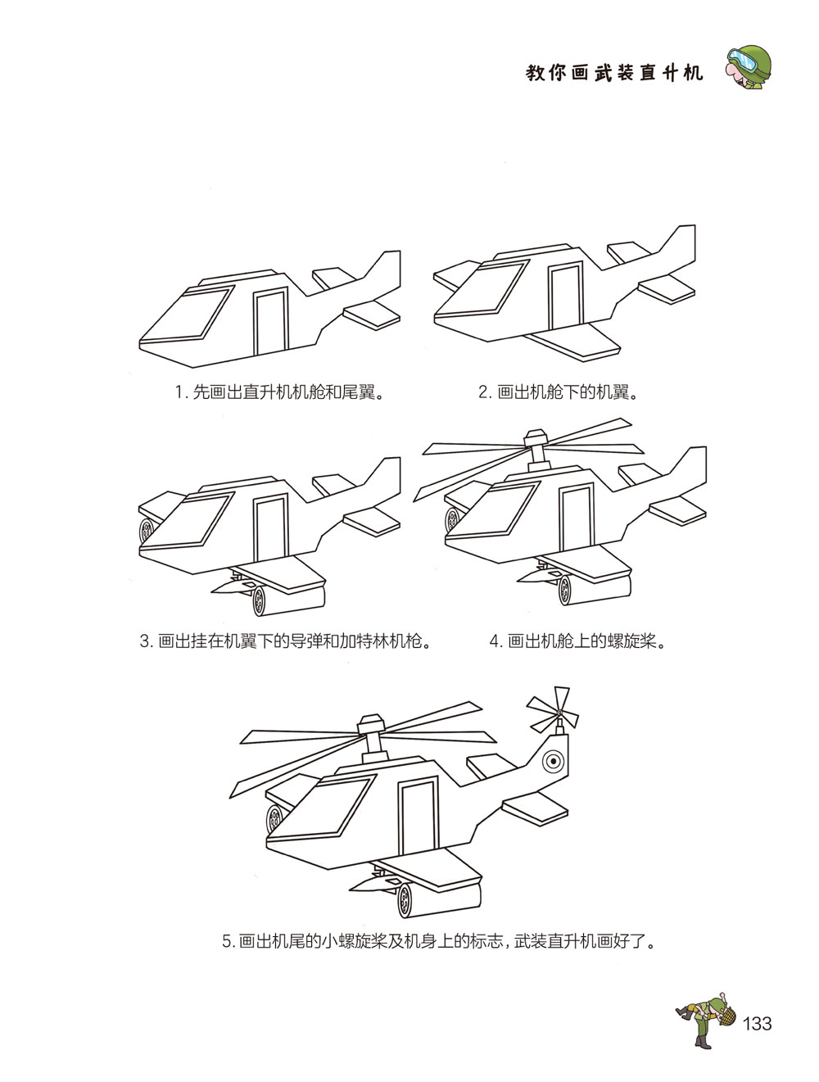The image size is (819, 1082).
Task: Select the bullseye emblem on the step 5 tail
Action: (x=554, y=761)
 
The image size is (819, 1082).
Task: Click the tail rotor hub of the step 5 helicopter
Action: (x=559, y=713)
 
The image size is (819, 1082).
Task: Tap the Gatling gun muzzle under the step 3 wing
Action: (x=259, y=601)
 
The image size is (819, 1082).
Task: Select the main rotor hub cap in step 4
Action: (x=536, y=437)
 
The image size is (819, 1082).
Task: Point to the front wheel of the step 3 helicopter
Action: (x=147, y=531)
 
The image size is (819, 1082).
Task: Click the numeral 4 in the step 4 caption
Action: (x=494, y=641)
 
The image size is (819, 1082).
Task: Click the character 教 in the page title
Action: (x=535, y=73)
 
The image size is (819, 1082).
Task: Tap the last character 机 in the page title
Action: (x=693, y=73)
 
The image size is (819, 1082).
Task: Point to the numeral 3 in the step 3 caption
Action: (x=145, y=641)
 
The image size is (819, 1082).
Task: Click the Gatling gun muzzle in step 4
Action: (x=565, y=590)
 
